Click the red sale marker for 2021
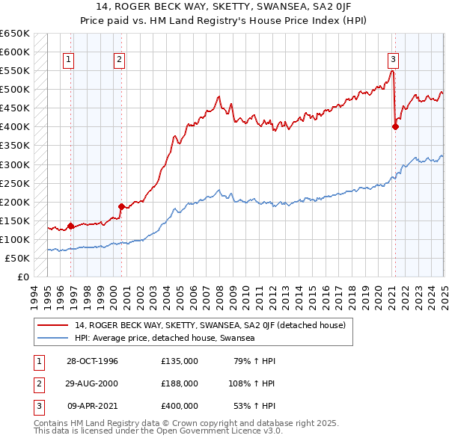click(395, 126)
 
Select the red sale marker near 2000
click(120, 206)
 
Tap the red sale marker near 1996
click(70, 226)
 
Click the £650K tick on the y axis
click(15, 34)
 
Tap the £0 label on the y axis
click(22, 277)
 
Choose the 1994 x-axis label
click(34, 293)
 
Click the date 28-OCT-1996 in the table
click(93, 361)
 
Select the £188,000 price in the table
click(180, 383)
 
